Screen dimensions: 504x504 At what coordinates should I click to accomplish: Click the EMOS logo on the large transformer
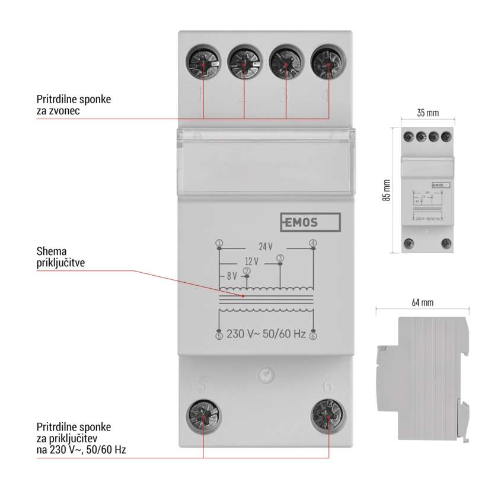pyautogui.click(x=310, y=222)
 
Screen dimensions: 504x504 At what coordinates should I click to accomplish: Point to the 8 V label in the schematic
pyautogui.click(x=231, y=276)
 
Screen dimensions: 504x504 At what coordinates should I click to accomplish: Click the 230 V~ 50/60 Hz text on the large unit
pyautogui.click(x=266, y=334)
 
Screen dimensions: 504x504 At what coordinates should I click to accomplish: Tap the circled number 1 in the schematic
pyautogui.click(x=219, y=243)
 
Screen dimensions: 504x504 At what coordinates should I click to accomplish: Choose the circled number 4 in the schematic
pyautogui.click(x=313, y=243)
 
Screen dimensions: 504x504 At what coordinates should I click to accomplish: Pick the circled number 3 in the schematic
pyautogui.click(x=280, y=257)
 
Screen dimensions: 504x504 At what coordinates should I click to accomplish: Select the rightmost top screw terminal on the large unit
pyautogui.click(x=327, y=61)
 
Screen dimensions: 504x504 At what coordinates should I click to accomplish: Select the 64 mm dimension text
pyautogui.click(x=423, y=302)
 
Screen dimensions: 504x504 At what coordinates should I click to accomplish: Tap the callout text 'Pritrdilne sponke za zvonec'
pyautogui.click(x=73, y=104)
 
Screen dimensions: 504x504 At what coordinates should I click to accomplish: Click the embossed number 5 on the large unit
pyautogui.click(x=203, y=386)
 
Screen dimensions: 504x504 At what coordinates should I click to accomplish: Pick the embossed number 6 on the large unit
pyautogui.click(x=328, y=386)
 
